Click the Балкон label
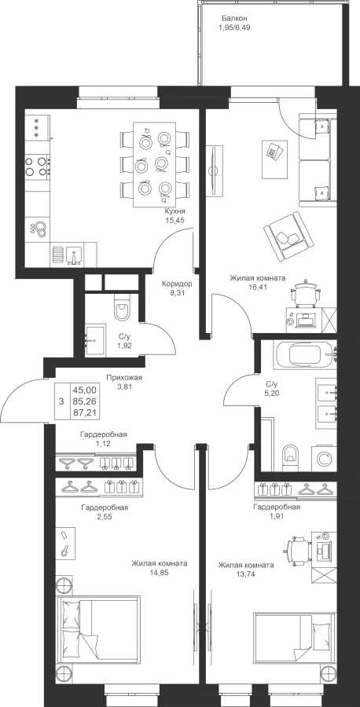[x=234, y=19]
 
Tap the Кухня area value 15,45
[x=176, y=220]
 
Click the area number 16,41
[x=258, y=286]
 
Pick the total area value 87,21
[x=86, y=412]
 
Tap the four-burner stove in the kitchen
[x=37, y=166]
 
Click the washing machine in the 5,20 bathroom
[x=323, y=458]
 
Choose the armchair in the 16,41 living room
[x=288, y=236]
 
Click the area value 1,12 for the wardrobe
[x=103, y=443]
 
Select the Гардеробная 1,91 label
[x=277, y=511]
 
